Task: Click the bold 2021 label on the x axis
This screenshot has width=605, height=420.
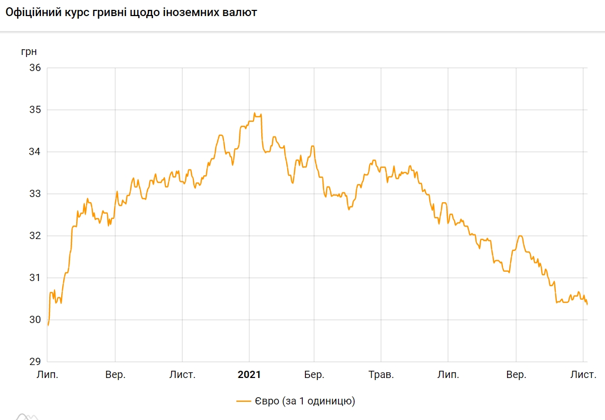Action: [249, 374]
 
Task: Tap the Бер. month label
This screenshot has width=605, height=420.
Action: [314, 374]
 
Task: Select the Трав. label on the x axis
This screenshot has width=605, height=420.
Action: [381, 374]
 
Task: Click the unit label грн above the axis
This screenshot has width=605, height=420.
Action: [29, 52]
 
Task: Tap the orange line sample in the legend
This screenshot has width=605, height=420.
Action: [244, 401]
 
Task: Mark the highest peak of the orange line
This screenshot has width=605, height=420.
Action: [255, 113]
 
